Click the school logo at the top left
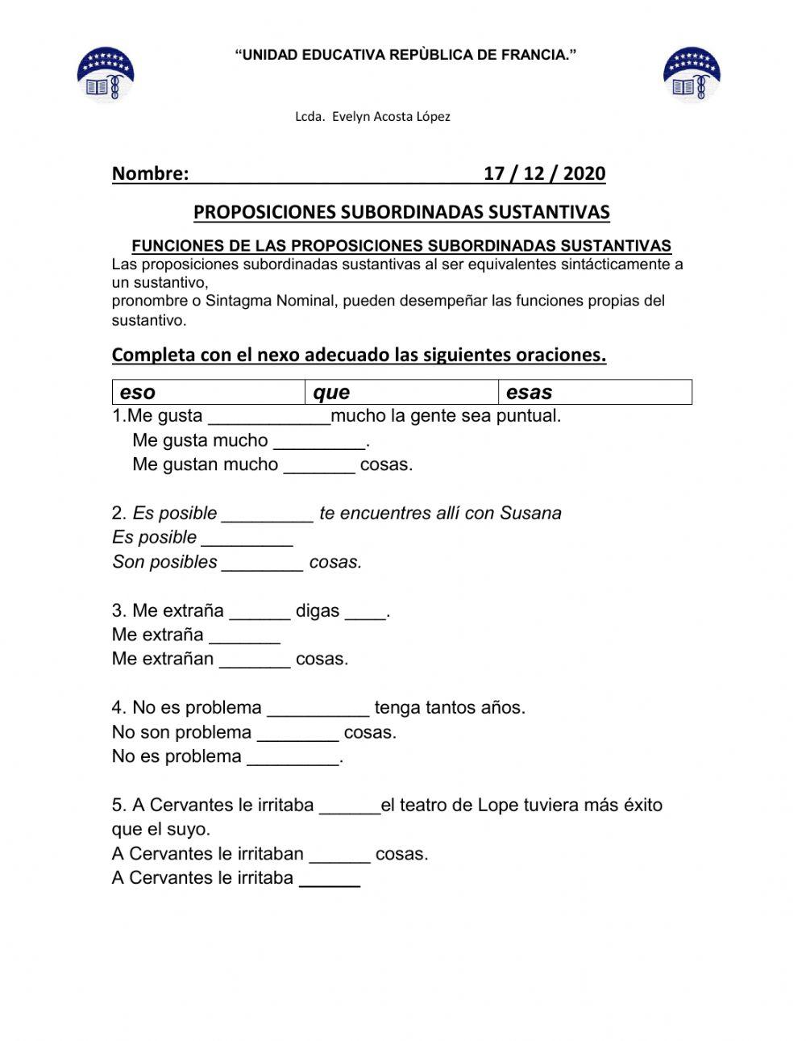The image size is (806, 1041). pos(105,74)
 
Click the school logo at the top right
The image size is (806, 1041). pos(692,74)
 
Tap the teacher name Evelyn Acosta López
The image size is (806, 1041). pos(372,117)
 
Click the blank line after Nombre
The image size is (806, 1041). pos(334,174)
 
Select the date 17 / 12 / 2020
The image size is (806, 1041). pos(544,173)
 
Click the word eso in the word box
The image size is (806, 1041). pos(138,393)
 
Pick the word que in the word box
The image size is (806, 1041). pos(331,393)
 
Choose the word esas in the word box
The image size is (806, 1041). pos(529,393)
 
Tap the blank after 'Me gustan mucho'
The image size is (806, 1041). pos(319,465)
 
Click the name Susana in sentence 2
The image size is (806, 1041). pos(530,514)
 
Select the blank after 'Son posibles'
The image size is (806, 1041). pos(263,563)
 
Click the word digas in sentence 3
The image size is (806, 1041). pos(318,611)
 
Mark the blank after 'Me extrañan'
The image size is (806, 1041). pos(255,660)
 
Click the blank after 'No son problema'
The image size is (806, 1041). pos(297,733)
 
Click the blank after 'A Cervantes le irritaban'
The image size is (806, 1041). pos(339,854)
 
